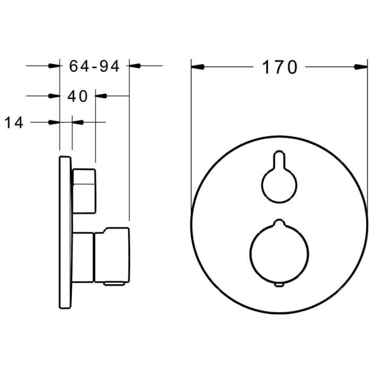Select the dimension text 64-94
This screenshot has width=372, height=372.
94,66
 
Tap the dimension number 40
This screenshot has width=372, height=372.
78,96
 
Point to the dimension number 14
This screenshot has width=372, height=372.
15,123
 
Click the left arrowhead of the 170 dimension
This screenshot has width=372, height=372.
198,67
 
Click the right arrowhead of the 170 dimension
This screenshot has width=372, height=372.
361,67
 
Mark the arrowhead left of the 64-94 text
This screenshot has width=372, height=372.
54,66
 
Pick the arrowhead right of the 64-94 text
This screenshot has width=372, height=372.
135,66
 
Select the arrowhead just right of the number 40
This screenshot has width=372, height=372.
101,96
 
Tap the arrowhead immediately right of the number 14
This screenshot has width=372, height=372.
78,122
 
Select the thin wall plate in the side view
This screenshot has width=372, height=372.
65,234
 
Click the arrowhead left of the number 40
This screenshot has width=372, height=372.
54,96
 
